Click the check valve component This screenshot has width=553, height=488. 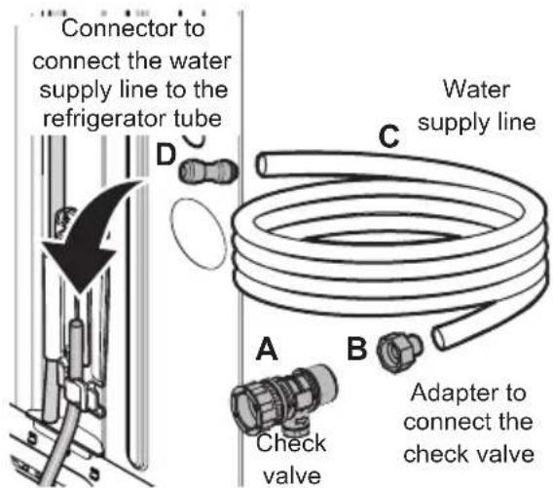[x=270, y=400]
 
